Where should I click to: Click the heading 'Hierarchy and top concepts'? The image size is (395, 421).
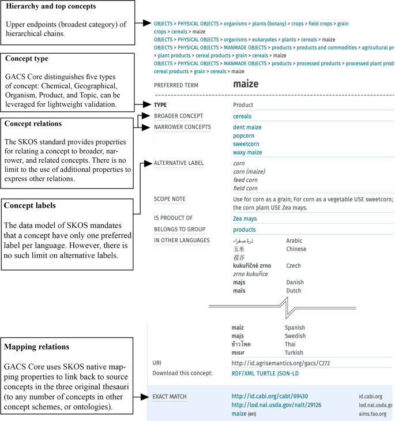point(51,6)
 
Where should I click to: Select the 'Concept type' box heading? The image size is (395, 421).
point(27,58)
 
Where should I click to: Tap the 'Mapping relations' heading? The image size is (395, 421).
point(37,347)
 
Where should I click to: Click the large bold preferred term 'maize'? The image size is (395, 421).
point(246,84)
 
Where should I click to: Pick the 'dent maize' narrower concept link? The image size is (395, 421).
point(247,127)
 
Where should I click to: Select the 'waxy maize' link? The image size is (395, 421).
point(247,153)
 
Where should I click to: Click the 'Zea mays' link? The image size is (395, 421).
point(244,219)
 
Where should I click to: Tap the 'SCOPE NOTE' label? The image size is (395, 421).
point(170,199)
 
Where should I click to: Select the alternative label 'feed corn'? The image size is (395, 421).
point(244,180)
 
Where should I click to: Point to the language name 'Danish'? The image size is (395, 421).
point(295,283)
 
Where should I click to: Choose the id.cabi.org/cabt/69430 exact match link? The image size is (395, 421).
point(270,397)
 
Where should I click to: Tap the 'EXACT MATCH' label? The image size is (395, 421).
point(170,397)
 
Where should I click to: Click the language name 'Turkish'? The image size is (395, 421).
point(296,352)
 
